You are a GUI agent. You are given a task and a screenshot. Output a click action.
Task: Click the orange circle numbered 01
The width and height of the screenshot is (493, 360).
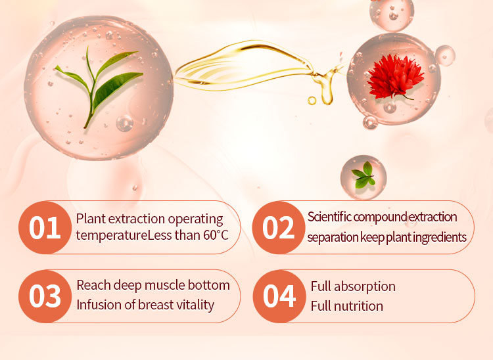click(45, 227)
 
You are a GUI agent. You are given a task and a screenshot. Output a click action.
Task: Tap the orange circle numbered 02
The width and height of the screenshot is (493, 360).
click(279, 227)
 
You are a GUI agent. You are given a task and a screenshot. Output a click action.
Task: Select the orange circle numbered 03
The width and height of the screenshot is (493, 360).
click(45, 296)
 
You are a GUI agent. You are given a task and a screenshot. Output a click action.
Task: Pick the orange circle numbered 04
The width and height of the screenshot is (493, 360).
click(279, 296)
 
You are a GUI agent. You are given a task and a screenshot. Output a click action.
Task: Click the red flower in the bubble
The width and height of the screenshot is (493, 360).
click(395, 77)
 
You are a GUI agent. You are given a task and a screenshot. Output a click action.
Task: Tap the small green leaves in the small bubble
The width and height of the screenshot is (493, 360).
click(364, 175)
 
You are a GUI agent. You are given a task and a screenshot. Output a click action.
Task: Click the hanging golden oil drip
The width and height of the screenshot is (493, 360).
click(326, 88)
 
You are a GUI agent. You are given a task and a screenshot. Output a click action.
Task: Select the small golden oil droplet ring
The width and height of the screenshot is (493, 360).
click(312, 101)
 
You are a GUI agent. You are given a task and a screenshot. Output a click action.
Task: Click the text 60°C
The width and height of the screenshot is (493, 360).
click(216, 235)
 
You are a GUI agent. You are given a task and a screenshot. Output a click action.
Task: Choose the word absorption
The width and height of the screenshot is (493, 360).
click(365, 287)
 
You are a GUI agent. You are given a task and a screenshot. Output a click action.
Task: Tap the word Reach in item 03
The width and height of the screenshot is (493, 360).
click(94, 285)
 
